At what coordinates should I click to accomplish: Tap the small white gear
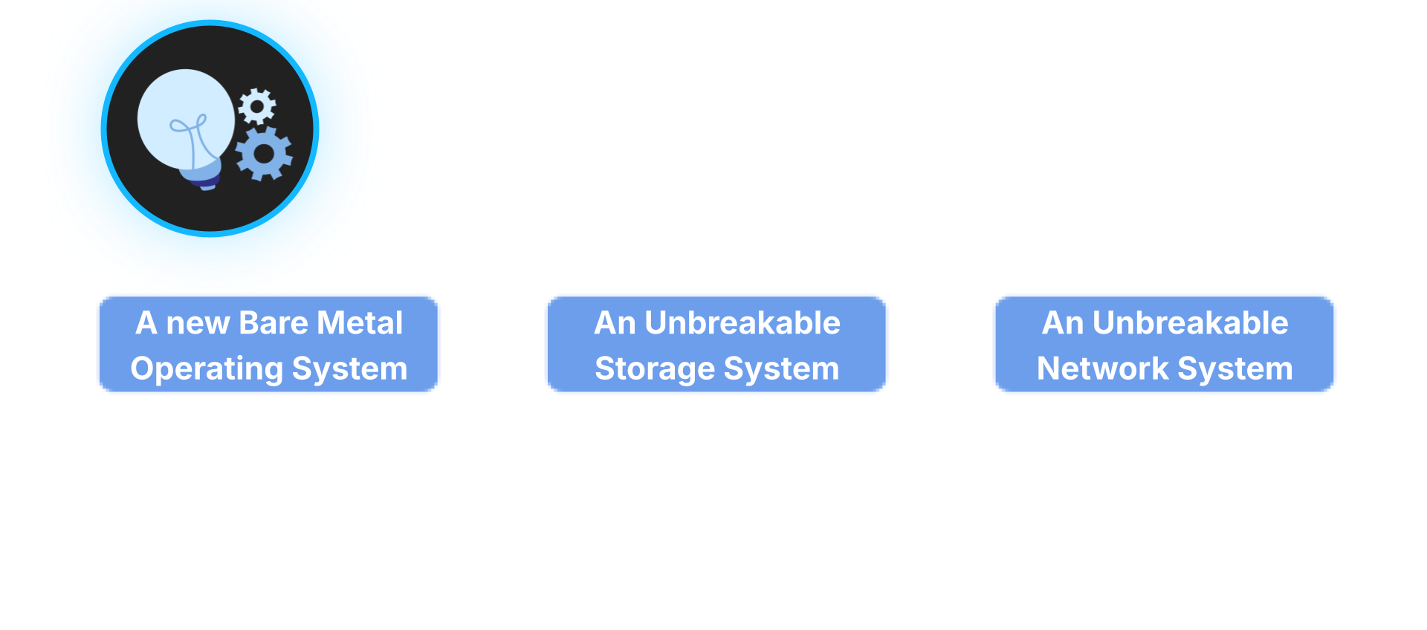[x=257, y=106]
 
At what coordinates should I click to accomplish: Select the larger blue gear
[x=264, y=154]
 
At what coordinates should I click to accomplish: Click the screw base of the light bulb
[x=204, y=176]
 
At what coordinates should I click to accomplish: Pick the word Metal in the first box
[x=360, y=323]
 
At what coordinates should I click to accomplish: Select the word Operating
[x=207, y=369]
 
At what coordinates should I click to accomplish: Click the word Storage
[x=655, y=369]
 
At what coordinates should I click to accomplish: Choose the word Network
[x=1102, y=368]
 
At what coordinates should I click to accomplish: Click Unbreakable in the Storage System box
[x=742, y=323]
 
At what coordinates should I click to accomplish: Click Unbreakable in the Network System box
[x=1191, y=323]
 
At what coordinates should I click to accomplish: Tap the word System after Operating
[x=350, y=369]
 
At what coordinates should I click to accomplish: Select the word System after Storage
[x=782, y=369]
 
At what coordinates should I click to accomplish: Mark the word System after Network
[x=1235, y=369]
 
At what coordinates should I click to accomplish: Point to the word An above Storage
[x=615, y=323]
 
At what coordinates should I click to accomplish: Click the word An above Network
[x=1063, y=323]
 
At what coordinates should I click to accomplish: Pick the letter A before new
[x=146, y=323]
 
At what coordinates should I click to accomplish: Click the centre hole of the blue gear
[x=264, y=154]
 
